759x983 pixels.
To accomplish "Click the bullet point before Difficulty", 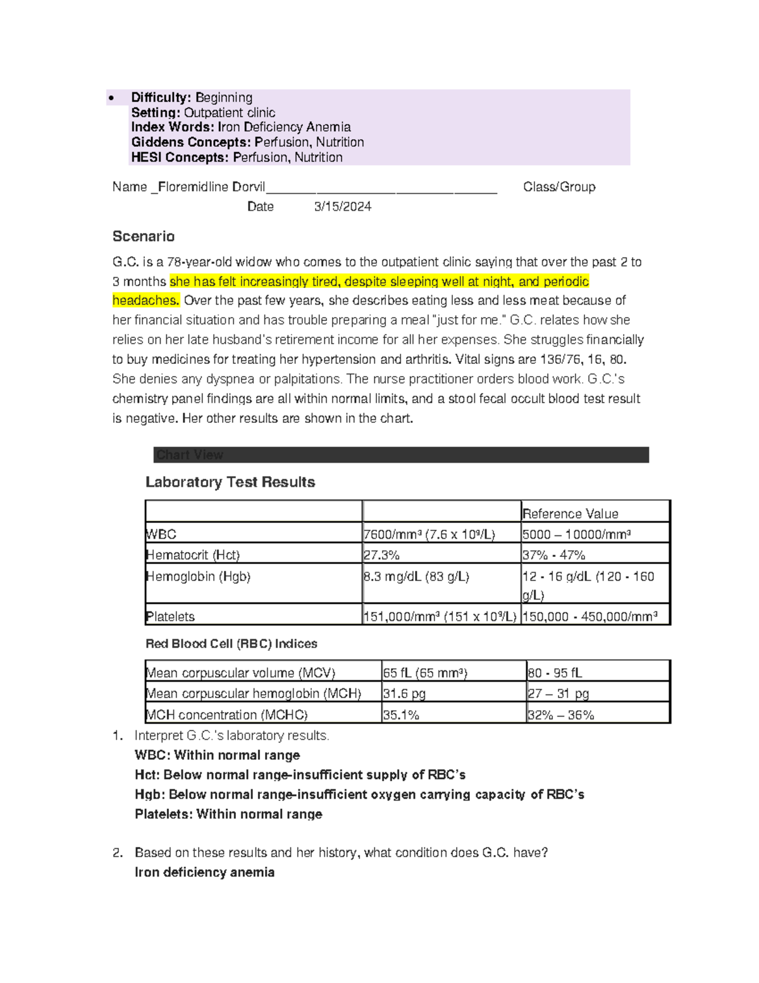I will (x=112, y=98).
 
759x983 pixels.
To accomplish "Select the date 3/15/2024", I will (x=342, y=206).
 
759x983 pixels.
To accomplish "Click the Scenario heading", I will (x=144, y=236).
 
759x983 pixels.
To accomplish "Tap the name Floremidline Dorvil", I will (x=211, y=187).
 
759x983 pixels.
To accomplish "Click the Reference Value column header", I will (x=570, y=513).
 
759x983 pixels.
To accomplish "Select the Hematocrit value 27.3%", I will (x=381, y=555).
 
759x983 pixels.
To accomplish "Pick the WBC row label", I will (x=161, y=534).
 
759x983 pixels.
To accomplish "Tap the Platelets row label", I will (x=170, y=617).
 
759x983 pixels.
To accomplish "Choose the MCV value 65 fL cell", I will (x=425, y=673).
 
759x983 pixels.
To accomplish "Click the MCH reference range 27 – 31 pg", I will (x=558, y=694).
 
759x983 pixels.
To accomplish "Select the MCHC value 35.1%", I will (x=401, y=715).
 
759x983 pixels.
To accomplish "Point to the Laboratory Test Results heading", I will (x=230, y=482).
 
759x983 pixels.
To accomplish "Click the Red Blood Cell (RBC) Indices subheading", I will (x=231, y=644).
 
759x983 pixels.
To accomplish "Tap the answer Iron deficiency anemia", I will (x=204, y=872).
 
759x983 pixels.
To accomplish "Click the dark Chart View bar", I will (x=401, y=454).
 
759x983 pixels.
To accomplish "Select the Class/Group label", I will (x=559, y=187).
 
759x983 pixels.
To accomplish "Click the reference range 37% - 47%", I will (x=553, y=555).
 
